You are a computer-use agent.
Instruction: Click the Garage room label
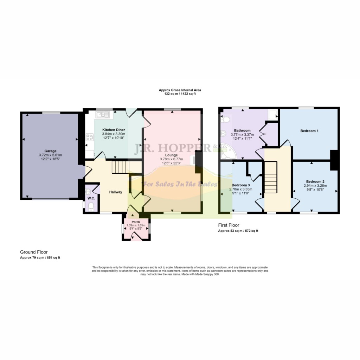click(50, 151)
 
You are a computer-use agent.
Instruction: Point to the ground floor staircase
click(119, 167)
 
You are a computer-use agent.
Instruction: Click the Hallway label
click(115, 192)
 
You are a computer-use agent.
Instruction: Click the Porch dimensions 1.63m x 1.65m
click(136, 225)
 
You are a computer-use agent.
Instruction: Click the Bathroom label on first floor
click(242, 130)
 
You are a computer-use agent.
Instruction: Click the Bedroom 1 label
click(309, 131)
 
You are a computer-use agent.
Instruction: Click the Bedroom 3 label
click(241, 185)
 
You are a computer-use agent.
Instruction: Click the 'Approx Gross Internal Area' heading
click(180, 90)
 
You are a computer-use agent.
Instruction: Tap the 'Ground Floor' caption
click(34, 252)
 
